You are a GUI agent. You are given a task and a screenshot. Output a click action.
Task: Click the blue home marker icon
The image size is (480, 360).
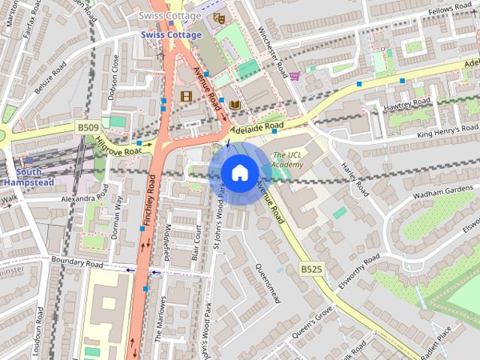click(238, 172)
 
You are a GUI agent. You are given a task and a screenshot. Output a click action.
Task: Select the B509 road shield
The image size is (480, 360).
click(88, 128)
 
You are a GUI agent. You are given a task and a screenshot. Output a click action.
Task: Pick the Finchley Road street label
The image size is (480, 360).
click(151, 196)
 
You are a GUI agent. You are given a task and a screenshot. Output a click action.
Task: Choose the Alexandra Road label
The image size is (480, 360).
click(85, 198)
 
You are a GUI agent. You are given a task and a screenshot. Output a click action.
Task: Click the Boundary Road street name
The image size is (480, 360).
click(76, 262)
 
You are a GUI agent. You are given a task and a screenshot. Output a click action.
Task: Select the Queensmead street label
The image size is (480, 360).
click(267, 283)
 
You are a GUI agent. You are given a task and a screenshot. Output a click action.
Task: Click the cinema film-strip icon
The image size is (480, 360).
click(186, 96)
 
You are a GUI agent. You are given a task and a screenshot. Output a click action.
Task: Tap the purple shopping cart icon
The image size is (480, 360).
click(295, 76)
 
